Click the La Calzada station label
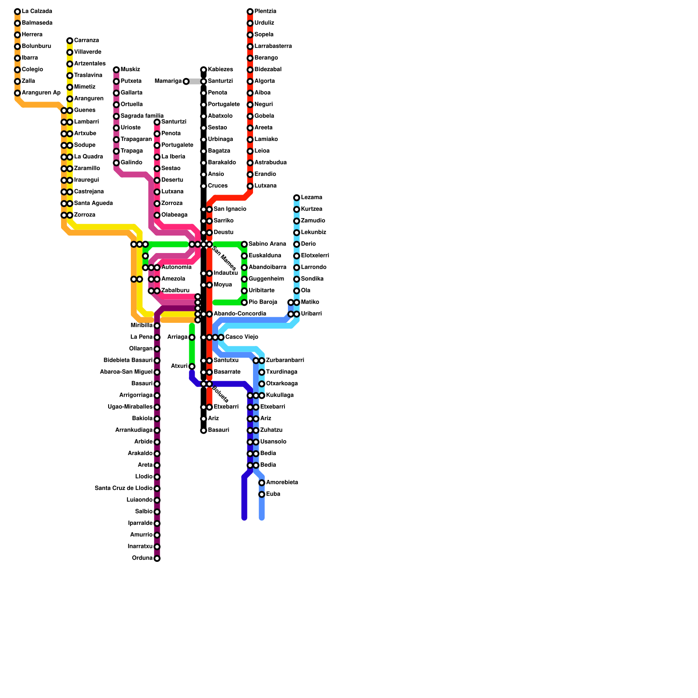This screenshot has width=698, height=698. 37,11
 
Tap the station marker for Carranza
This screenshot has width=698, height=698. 70,41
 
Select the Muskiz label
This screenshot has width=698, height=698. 130,70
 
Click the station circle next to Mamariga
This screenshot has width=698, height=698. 186,82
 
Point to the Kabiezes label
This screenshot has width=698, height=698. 220,70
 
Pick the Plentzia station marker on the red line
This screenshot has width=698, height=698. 250,11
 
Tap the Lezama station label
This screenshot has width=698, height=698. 311,198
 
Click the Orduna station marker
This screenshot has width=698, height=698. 157,558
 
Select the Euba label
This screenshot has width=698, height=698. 273,494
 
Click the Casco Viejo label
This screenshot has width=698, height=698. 242,337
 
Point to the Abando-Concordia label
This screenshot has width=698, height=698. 240,314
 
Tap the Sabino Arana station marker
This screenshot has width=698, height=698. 244,244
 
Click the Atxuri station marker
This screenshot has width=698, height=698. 192,366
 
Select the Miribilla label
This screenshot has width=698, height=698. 141,326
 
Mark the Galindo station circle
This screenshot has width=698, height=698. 116,163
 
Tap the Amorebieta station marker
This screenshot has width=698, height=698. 262,483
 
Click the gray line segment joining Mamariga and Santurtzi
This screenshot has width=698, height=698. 195,82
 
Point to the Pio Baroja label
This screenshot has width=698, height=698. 263,302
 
